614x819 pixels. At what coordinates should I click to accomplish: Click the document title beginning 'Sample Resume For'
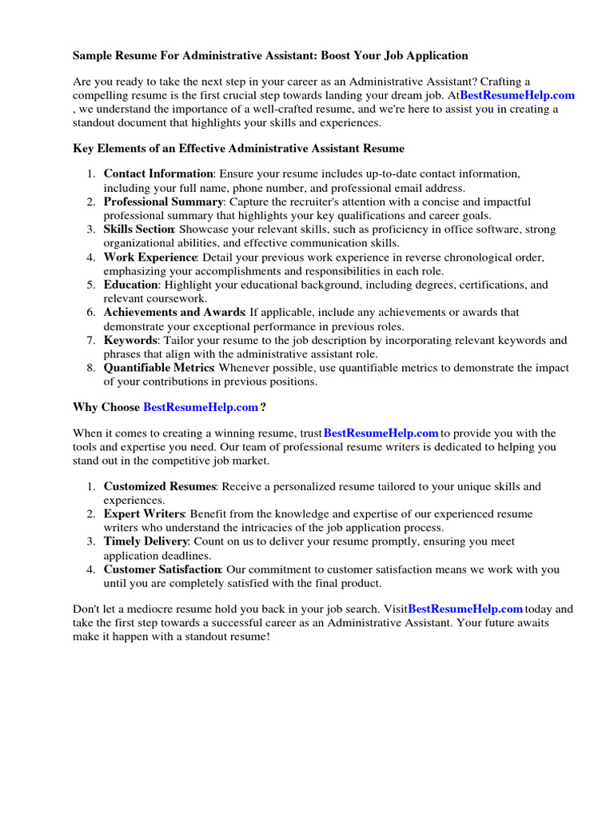click(x=270, y=56)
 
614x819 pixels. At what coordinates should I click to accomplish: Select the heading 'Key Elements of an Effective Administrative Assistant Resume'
click(x=238, y=149)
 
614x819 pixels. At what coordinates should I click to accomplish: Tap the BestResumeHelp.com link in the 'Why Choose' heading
click(x=201, y=407)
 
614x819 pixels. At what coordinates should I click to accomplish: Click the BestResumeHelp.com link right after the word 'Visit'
click(x=465, y=609)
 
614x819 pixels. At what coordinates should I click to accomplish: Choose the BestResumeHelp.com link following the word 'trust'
click(x=381, y=433)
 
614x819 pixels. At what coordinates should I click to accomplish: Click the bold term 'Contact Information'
click(x=158, y=174)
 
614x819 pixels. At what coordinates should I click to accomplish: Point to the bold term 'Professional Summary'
click(x=163, y=202)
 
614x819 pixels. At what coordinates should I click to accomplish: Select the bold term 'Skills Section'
click(x=139, y=230)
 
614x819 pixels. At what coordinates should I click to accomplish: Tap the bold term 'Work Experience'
click(x=150, y=258)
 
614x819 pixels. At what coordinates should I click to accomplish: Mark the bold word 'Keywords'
click(x=130, y=341)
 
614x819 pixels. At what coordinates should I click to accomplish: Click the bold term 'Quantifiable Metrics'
click(x=158, y=368)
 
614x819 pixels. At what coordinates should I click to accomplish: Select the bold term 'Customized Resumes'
click(x=159, y=486)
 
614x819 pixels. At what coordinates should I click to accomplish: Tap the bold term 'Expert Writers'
click(x=144, y=513)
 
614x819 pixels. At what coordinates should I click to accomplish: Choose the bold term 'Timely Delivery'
click(x=146, y=541)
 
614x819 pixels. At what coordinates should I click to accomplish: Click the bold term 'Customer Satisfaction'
click(x=162, y=569)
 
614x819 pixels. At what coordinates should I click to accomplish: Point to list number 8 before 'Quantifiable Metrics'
click(x=90, y=368)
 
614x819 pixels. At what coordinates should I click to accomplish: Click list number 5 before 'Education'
click(x=90, y=285)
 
